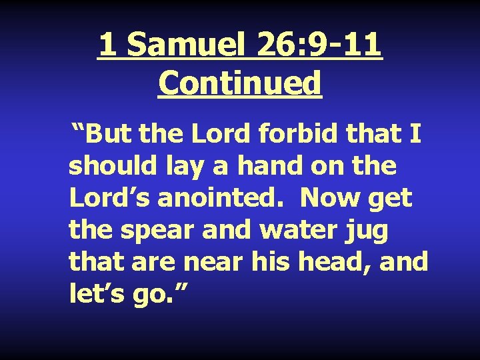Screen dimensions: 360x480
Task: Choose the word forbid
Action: click(293, 135)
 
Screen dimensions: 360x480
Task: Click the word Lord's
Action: click(109, 199)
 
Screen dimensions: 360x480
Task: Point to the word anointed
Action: click(222, 199)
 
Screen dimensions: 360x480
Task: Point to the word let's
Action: click(93, 294)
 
